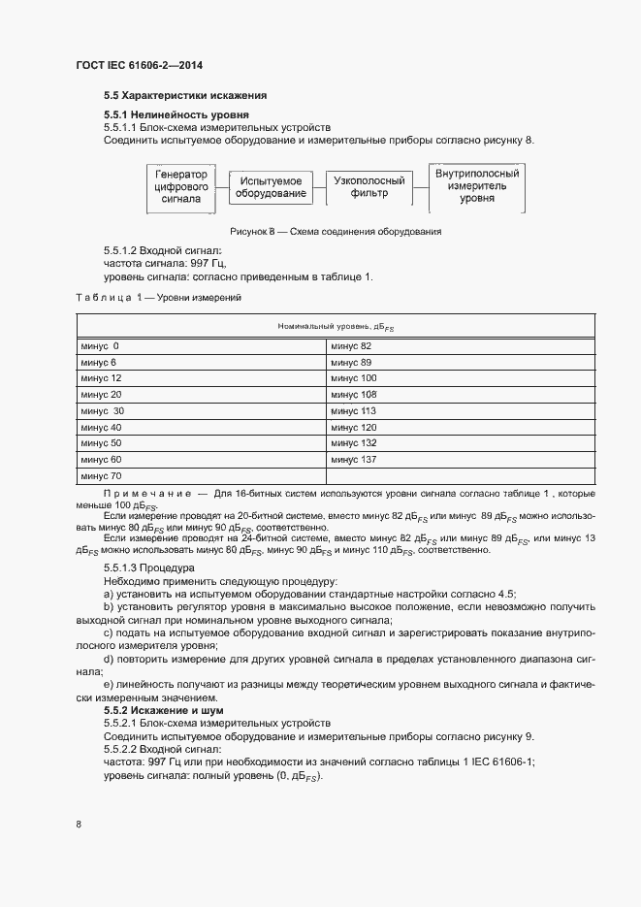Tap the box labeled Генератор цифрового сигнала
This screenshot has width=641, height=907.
(x=181, y=186)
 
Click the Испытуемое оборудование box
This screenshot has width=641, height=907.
(x=272, y=187)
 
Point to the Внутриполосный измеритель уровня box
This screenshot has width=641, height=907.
(x=477, y=185)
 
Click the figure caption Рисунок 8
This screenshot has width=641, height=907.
(x=336, y=232)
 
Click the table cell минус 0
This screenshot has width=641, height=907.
(x=101, y=346)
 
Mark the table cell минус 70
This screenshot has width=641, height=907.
(x=102, y=475)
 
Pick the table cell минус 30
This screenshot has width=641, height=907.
(x=103, y=410)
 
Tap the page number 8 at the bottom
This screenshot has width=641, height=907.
(x=79, y=825)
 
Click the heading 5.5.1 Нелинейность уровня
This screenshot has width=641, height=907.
(x=169, y=114)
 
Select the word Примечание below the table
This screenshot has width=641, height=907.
(x=145, y=493)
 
